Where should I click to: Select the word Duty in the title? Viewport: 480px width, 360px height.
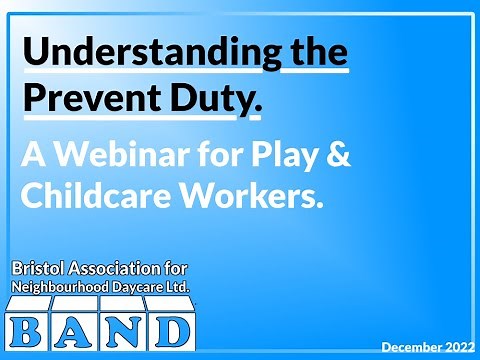[x=205, y=97]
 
